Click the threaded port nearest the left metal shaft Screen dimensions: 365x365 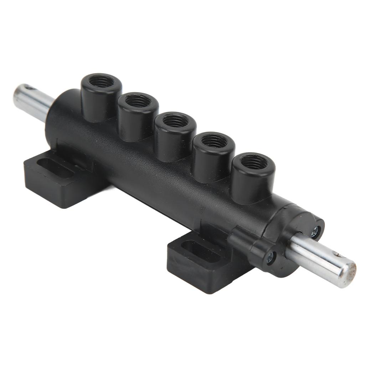coord(101,82)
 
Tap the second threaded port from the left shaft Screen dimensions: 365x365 coord(138,101)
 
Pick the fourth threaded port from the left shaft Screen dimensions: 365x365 coord(214,141)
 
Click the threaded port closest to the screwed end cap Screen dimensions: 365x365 coord(254,162)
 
